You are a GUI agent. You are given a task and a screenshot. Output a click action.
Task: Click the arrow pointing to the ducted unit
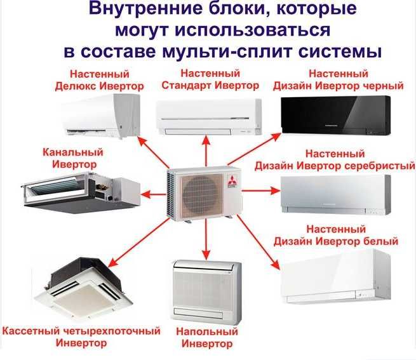pyautogui.click(x=151, y=190)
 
